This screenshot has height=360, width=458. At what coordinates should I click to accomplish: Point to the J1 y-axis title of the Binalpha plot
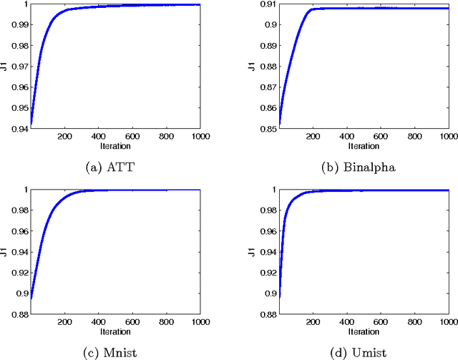click(x=250, y=67)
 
